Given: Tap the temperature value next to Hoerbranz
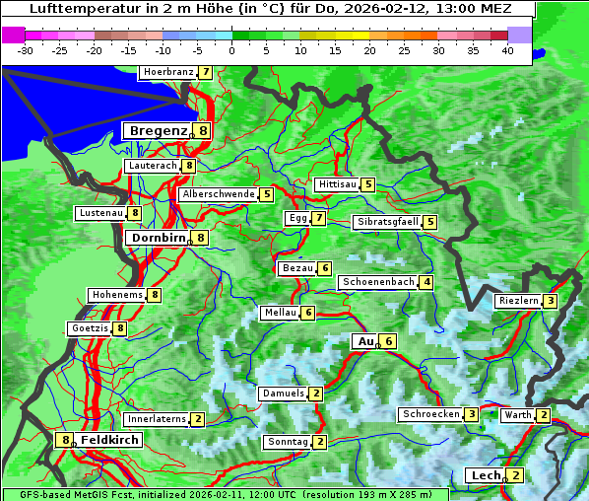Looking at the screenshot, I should click(x=205, y=72).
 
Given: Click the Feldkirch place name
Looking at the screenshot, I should click(x=110, y=439).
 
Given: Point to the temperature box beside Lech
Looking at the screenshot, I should click(x=515, y=475).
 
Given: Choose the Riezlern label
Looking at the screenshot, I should click(x=518, y=301).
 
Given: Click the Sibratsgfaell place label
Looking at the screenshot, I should click(x=387, y=222).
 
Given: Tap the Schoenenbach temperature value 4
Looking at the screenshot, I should click(x=425, y=282).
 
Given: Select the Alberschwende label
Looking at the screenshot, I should click(x=219, y=194).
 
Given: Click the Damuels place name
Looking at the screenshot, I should click(x=283, y=394).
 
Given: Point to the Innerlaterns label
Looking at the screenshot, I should click(x=158, y=419).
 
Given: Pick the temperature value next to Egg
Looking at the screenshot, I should click(x=319, y=218).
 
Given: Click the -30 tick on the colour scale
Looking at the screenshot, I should click(x=26, y=49).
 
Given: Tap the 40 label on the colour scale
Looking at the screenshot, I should click(x=507, y=49).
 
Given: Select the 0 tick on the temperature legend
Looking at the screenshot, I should click(x=232, y=49).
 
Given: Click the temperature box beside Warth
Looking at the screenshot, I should click(x=544, y=415).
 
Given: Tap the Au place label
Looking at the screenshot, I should click(x=364, y=341).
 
